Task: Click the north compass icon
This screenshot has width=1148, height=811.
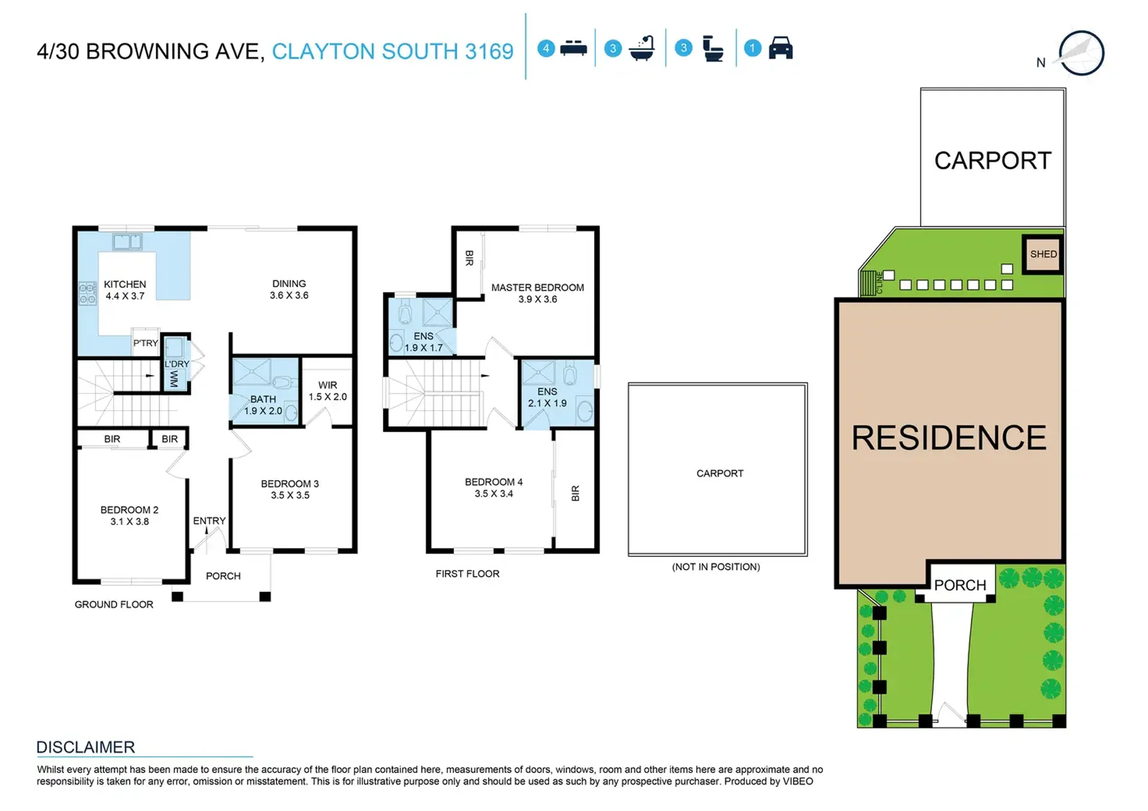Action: click(x=1080, y=53)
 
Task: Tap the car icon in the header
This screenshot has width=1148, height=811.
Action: click(x=781, y=48)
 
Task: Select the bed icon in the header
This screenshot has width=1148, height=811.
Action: click(x=573, y=48)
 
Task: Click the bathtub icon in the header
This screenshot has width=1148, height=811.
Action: click(x=642, y=48)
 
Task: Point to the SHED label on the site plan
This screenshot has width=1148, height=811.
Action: click(x=1043, y=254)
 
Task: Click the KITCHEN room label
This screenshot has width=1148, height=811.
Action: click(x=125, y=284)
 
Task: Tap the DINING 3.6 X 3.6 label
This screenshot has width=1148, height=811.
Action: click(x=289, y=289)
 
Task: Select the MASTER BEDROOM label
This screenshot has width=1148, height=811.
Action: click(x=537, y=288)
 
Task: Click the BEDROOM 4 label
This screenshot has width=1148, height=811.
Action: click(x=494, y=482)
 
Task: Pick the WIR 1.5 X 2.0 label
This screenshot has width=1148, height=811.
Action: click(x=327, y=391)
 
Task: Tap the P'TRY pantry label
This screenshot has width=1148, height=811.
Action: click(x=145, y=343)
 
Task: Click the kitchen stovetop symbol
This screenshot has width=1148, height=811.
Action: click(x=87, y=293)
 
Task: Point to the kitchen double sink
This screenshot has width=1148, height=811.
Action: click(x=127, y=242)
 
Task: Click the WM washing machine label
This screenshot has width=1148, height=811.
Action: click(x=174, y=379)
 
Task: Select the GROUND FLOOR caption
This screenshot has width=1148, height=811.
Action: click(x=114, y=605)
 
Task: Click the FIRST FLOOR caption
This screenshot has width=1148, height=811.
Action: click(x=467, y=574)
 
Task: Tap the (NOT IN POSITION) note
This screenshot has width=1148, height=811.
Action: click(x=716, y=567)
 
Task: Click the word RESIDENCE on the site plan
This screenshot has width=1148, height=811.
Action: click(x=949, y=438)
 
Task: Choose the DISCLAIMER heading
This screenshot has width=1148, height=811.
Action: click(x=86, y=747)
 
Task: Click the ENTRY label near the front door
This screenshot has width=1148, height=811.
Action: click(x=209, y=521)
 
